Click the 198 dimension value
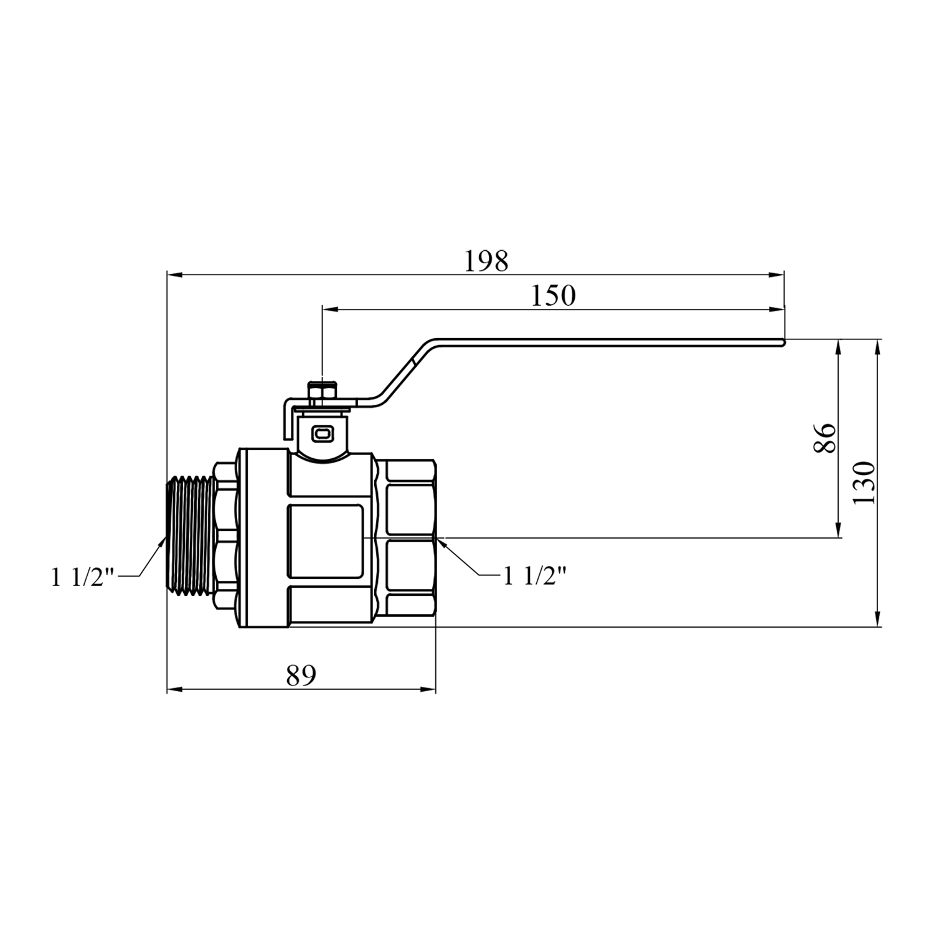point(487,262)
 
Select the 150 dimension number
point(553,296)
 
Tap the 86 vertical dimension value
point(825,438)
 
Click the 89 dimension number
point(301,675)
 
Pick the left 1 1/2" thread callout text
point(83,578)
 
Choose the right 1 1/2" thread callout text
point(535,576)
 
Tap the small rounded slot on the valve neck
point(322,433)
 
